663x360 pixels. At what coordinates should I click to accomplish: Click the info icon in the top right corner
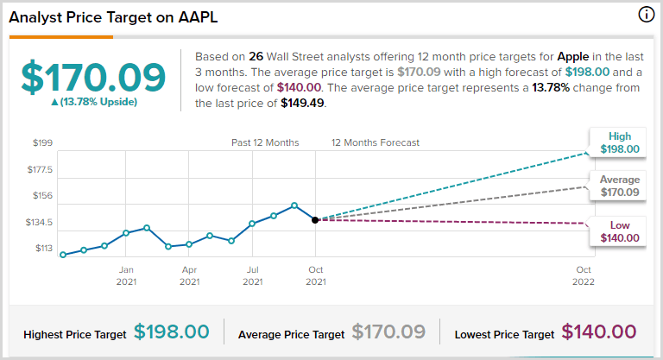(x=646, y=15)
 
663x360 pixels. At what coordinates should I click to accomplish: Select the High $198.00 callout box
(x=620, y=142)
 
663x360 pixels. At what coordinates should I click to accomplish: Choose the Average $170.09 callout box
(x=620, y=186)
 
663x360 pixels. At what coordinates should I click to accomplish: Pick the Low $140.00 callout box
(x=620, y=231)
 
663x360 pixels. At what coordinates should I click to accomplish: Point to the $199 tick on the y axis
(x=42, y=142)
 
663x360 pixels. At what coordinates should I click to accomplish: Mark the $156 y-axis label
(x=42, y=196)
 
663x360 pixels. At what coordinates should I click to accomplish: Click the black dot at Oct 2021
(x=316, y=220)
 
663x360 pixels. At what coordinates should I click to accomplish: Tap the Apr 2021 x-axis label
(x=189, y=275)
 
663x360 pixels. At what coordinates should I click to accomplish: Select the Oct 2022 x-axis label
(x=584, y=275)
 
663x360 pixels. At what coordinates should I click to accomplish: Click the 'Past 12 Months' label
(x=265, y=142)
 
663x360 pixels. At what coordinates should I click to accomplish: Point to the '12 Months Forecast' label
(x=376, y=142)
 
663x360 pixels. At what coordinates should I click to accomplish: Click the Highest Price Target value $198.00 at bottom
(x=172, y=332)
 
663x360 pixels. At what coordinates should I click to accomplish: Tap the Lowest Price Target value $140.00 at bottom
(x=599, y=332)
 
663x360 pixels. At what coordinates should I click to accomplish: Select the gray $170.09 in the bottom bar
(x=388, y=332)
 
